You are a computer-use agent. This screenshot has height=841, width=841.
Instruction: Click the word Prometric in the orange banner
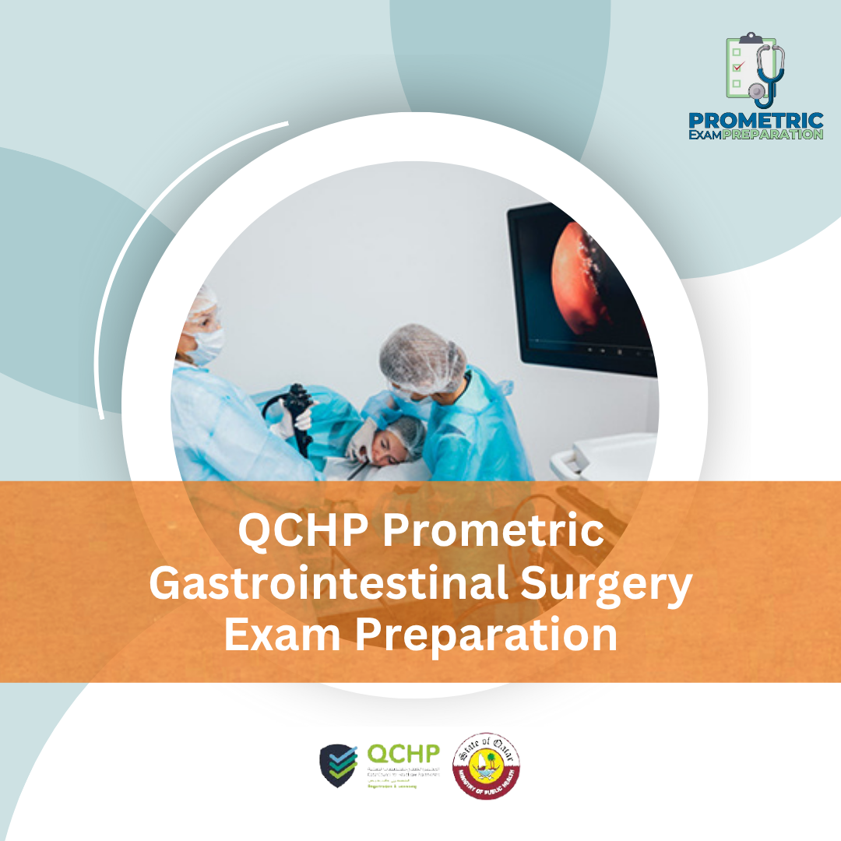click(x=493, y=533)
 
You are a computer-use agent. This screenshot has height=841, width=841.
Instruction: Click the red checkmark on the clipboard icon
click(x=737, y=67)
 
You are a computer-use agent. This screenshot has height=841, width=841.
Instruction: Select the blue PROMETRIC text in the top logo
click(x=755, y=120)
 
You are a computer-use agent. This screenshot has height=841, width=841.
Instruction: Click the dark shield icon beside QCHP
click(x=339, y=765)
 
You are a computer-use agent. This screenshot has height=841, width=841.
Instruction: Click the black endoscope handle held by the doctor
click(x=300, y=405)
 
